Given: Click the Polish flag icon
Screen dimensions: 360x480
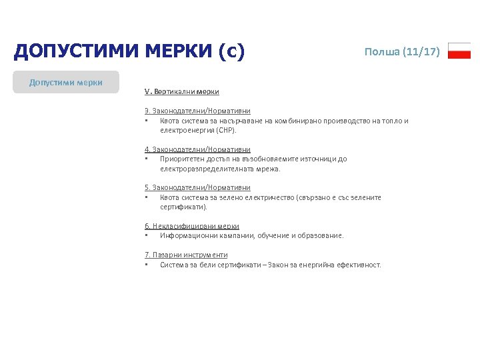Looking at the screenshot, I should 459,51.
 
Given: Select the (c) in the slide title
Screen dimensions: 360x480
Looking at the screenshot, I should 233,51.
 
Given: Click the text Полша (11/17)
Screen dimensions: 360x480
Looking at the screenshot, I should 402,51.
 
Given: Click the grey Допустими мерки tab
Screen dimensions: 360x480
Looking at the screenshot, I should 66,82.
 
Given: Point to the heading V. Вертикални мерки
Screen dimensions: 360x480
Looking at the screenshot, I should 181,91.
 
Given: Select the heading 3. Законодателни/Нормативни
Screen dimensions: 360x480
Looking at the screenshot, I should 197,111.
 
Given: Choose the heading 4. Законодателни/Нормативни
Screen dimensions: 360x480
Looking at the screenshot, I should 197,149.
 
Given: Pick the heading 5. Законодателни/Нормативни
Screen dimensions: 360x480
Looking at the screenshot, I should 197,188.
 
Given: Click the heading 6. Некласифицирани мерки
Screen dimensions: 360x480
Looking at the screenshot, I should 192,226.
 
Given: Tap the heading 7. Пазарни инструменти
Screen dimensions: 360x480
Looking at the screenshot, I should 186,255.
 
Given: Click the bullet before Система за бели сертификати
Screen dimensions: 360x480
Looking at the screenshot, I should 146,265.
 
